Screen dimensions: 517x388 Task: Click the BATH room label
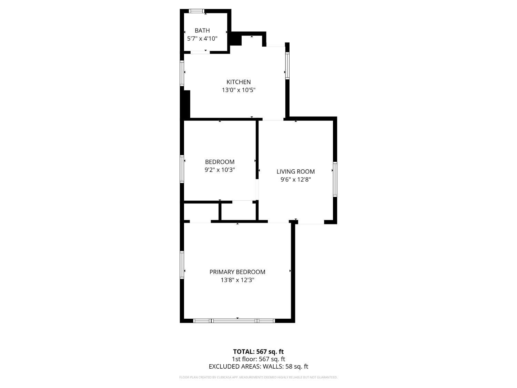(202, 30)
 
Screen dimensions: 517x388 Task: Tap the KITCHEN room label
(239, 82)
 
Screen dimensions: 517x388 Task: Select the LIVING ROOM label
(296, 171)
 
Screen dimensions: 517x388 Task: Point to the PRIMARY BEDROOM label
(237, 272)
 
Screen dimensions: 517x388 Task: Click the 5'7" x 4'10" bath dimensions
(202, 38)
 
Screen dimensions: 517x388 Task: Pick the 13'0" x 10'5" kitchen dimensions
(239, 90)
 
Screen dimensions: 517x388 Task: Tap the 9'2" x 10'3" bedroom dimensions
(220, 170)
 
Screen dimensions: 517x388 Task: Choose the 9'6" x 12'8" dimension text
(296, 179)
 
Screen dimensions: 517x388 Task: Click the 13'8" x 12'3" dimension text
(237, 280)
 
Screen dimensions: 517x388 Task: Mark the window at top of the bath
(197, 11)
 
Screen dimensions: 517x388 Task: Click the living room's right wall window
(335, 179)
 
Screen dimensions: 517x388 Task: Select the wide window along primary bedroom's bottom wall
(234, 321)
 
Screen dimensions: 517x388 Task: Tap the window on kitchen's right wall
(287, 66)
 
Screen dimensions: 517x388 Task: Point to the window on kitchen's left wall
(182, 73)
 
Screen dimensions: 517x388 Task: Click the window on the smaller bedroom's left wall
(182, 169)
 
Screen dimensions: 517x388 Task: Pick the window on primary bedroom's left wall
(182, 265)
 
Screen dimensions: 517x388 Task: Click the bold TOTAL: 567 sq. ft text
(258, 352)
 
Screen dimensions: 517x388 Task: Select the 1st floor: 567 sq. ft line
(258, 359)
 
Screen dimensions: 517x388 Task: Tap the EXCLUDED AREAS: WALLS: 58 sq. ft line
(258, 367)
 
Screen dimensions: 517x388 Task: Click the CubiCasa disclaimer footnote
(258, 377)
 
